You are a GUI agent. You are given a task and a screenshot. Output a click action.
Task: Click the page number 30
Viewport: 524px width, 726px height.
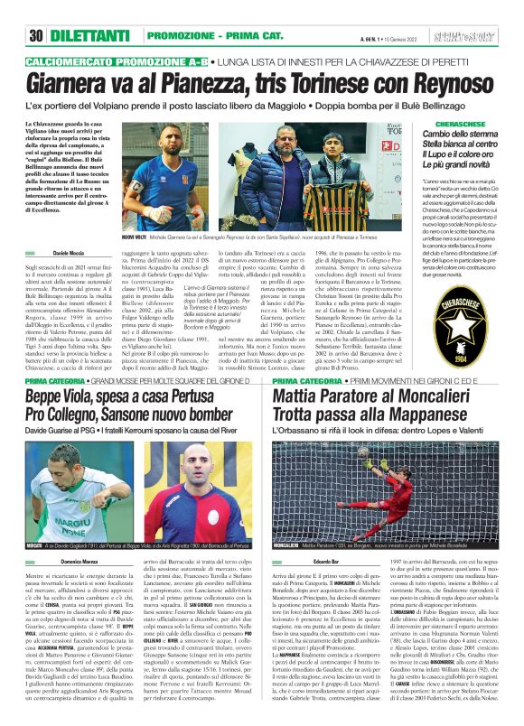pyautogui.click(x=36, y=11)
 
